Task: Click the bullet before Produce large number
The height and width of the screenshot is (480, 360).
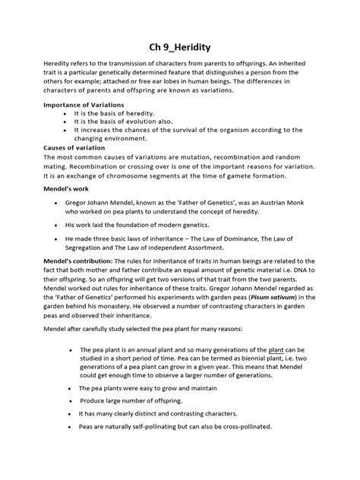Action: [x=70, y=399]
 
